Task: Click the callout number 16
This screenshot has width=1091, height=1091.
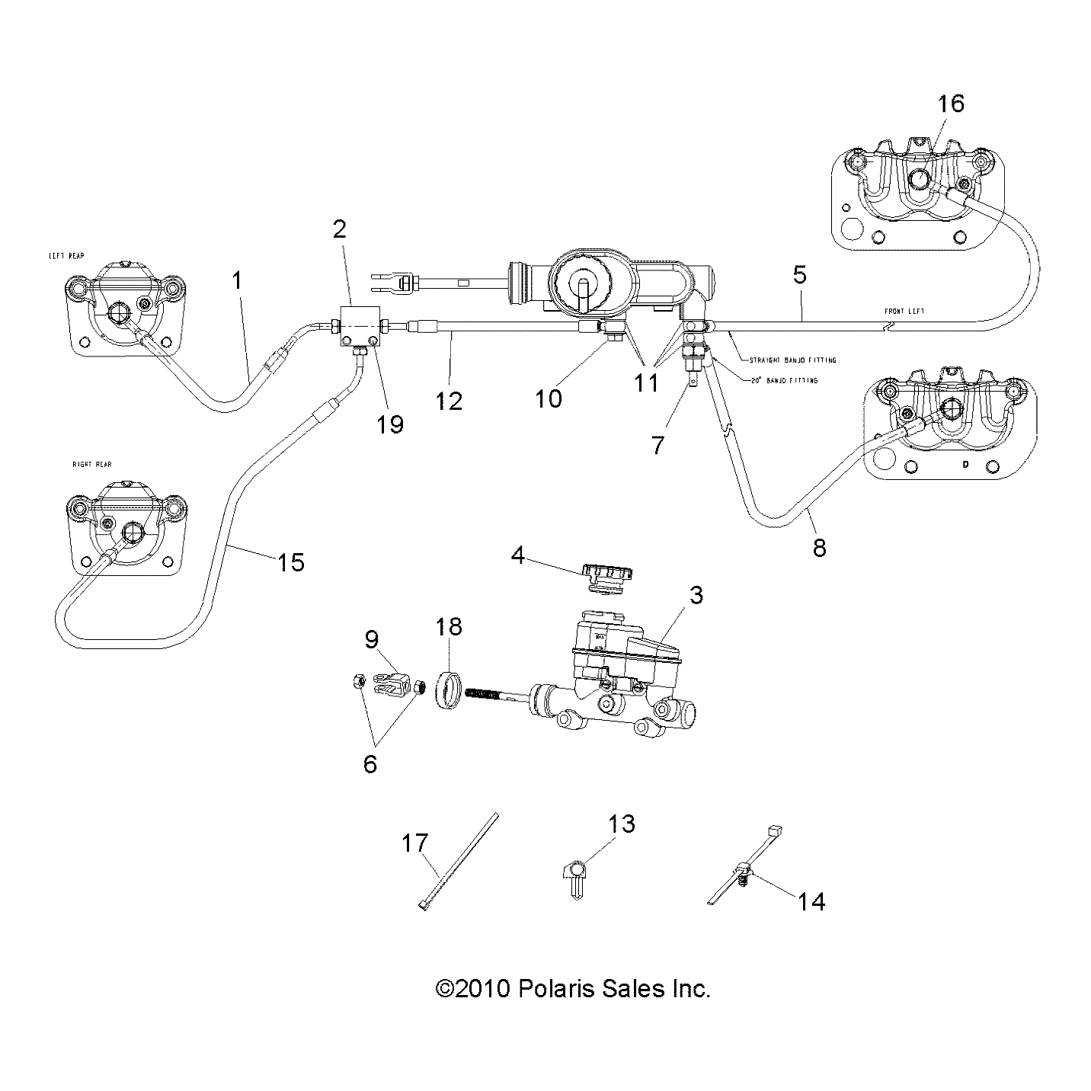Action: pos(950,103)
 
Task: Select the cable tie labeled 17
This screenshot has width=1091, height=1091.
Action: pos(458,861)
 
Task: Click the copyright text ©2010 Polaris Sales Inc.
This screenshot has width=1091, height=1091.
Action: pos(572,989)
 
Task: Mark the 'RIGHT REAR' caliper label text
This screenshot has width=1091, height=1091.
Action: pos(92,464)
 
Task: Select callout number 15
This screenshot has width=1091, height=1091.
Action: pos(290,562)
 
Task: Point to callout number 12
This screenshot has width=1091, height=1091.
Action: pos(449,400)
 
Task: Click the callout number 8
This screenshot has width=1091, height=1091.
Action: pos(819,547)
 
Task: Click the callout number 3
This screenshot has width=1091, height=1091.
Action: pos(696,596)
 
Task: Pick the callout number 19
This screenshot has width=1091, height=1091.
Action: pos(389,423)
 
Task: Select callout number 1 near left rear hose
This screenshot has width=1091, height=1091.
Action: pos(237,280)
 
